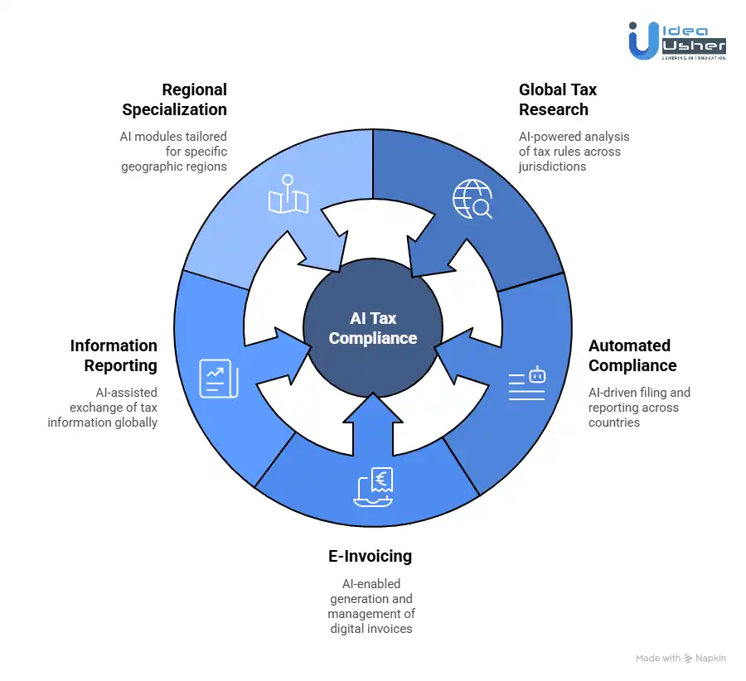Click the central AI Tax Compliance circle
[372, 328]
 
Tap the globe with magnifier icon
[472, 199]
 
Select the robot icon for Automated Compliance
[527, 384]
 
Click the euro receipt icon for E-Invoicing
[373, 486]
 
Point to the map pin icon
[288, 195]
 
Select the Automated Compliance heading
[632, 355]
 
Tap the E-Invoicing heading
[371, 556]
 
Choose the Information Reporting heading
[114, 355]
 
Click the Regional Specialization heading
[175, 99]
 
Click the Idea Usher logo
[676, 41]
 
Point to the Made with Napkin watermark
[681, 658]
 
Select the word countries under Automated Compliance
[614, 423]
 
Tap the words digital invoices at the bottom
[371, 629]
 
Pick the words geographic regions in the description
[174, 167]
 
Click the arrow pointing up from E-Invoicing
[373, 418]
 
